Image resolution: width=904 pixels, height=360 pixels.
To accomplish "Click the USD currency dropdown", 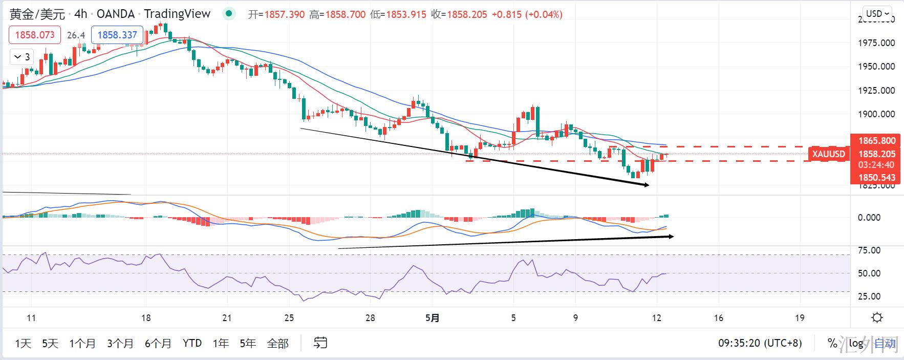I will [x=877, y=13].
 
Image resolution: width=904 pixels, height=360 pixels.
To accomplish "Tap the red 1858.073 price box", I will [x=35, y=35].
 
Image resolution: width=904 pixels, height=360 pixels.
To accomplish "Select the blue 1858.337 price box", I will [x=117, y=35].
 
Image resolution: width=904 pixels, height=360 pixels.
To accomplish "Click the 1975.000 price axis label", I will [x=876, y=43].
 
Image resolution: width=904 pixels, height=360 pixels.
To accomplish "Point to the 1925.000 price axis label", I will [x=876, y=91].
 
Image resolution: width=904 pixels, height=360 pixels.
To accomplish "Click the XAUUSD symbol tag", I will [x=829, y=154].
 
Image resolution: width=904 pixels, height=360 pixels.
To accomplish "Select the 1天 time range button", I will [x=23, y=343].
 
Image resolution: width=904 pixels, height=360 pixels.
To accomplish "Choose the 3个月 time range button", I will [x=120, y=343].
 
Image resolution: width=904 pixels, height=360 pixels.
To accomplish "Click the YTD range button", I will [x=192, y=343].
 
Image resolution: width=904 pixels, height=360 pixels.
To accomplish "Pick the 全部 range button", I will [x=278, y=343].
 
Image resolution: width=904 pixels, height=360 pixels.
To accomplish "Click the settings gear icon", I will [x=877, y=318].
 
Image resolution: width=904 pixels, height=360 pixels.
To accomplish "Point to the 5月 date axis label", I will [x=433, y=318].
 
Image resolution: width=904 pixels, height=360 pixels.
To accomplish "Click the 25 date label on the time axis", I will [x=289, y=318].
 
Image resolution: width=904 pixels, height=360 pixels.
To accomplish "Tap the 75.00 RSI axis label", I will [x=869, y=250].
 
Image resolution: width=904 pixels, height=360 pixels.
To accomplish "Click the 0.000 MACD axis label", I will [x=869, y=218].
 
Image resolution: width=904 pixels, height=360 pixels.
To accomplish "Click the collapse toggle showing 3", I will [x=22, y=57].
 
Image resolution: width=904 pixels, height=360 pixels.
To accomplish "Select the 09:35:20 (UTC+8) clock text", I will [x=760, y=343].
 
